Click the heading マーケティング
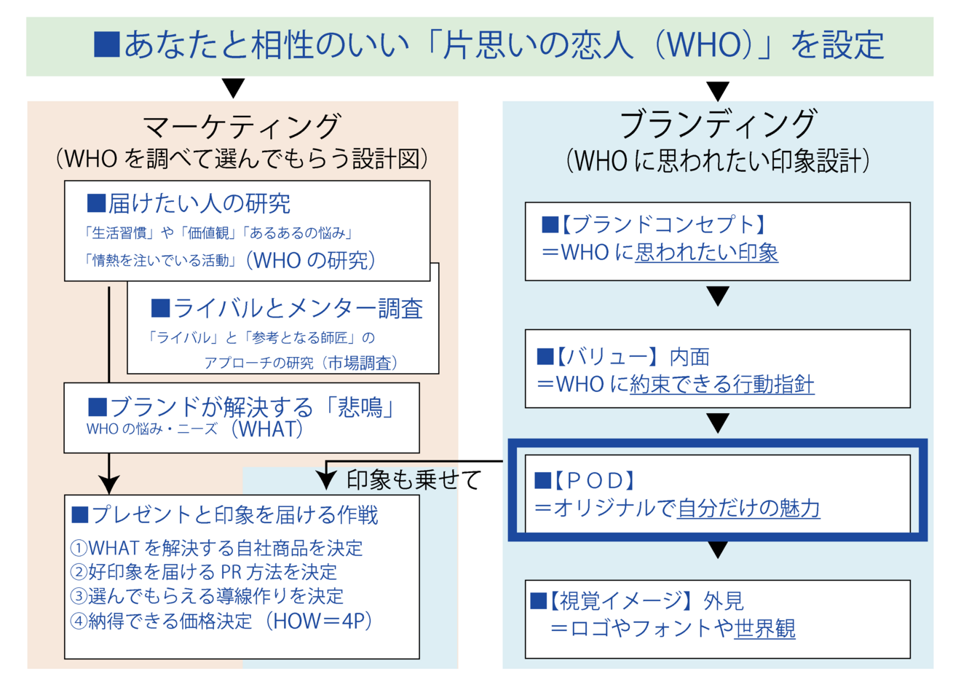click(x=242, y=127)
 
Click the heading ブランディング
click(x=718, y=124)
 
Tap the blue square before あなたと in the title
click(x=106, y=44)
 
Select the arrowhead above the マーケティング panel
click(x=234, y=88)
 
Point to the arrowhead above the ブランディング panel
click(x=718, y=91)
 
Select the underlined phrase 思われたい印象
click(x=706, y=252)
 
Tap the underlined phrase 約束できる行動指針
click(x=721, y=384)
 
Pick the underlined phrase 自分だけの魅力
click(x=748, y=509)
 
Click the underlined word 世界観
click(x=764, y=628)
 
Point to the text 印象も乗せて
click(x=414, y=479)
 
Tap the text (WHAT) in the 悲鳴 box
click(x=267, y=429)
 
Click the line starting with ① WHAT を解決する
click(x=217, y=548)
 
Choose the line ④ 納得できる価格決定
click(x=221, y=621)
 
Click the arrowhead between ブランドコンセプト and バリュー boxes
click(x=718, y=296)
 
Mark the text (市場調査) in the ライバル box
click(x=360, y=363)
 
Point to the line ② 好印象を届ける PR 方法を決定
click(x=204, y=572)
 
